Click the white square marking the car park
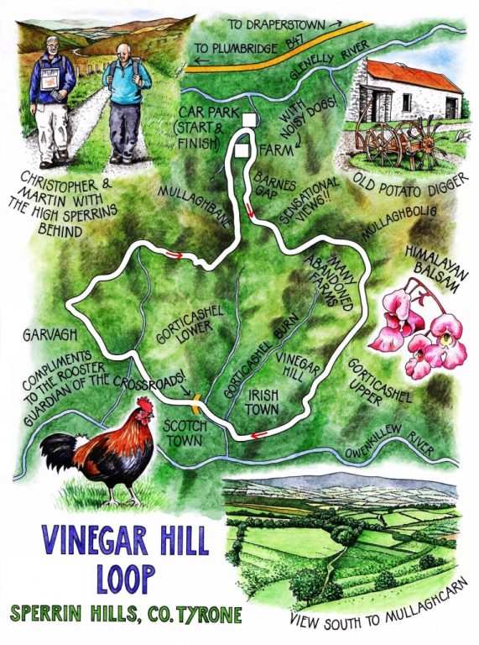(x=248, y=120)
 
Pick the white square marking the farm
(x=242, y=149)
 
